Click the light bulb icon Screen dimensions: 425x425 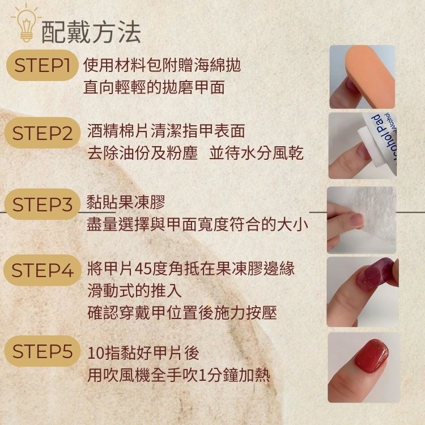26,24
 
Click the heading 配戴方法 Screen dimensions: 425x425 91,32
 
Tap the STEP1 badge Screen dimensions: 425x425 42,65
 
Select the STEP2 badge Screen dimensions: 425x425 42,133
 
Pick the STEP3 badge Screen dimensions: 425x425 42,204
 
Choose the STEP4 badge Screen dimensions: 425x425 42,270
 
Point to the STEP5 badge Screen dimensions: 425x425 42,351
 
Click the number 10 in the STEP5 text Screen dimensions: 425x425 96,353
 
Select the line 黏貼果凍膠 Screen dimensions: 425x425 126,202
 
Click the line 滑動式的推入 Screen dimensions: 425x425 135,291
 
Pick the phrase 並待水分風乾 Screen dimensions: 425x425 256,153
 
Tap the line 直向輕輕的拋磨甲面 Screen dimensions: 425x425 154,87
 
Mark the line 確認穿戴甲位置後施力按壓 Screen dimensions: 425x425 182,313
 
